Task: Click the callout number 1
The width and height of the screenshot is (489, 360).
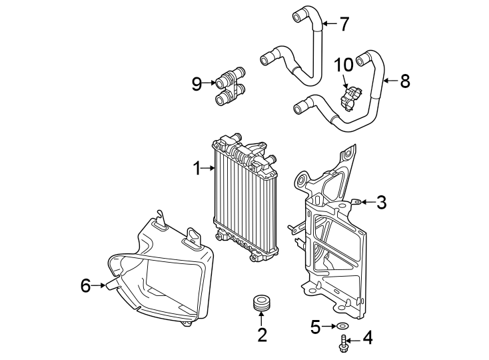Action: [197, 169]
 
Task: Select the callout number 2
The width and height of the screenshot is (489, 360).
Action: [262, 335]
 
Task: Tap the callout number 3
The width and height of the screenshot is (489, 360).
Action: [380, 203]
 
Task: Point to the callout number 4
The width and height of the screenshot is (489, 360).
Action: [366, 340]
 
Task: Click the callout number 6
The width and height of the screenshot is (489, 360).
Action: [85, 286]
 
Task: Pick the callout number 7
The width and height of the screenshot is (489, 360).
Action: [343, 25]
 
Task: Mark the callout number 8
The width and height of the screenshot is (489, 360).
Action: [404, 81]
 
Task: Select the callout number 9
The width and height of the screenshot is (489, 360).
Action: [197, 84]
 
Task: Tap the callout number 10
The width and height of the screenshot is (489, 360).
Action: [344, 65]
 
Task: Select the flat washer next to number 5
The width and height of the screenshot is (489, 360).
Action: [342, 326]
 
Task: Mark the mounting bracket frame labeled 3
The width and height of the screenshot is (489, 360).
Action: [333, 247]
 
